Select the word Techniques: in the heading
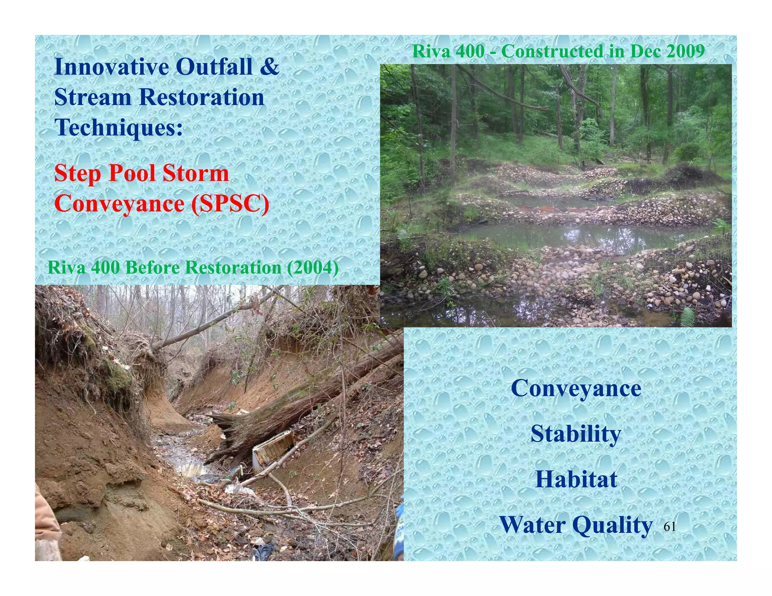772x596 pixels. tap(118, 127)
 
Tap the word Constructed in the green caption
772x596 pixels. tap(552, 51)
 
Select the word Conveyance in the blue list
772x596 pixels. tap(576, 388)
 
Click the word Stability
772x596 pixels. tap(576, 434)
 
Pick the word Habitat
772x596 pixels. tap(576, 479)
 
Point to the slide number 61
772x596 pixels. tap(669, 527)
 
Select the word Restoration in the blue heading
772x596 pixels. tap(201, 97)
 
